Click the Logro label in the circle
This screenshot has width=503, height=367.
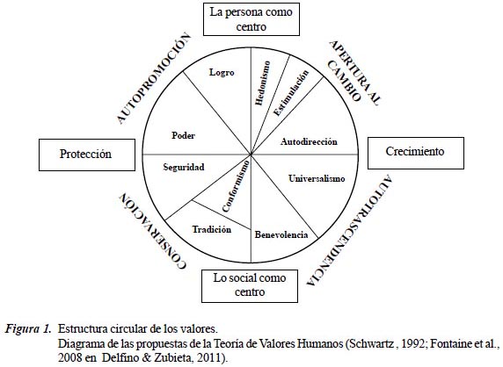coord(222,72)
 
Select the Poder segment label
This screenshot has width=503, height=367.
coord(183,135)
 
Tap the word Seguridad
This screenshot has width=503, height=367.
coord(184,167)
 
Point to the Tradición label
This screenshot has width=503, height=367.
coord(212,229)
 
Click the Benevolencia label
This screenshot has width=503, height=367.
coord(281,234)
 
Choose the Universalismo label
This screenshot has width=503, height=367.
coord(317,178)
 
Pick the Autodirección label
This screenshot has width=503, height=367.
coord(309,141)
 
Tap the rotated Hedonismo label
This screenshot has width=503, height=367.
coord(263,83)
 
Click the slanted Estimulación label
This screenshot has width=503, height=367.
coord(291,92)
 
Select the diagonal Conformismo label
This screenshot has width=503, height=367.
coord(236,186)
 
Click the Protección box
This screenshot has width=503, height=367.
coord(87,155)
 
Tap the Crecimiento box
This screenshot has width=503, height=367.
coord(416,153)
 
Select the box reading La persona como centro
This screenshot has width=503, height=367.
coord(251,19)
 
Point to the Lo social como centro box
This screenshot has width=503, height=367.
coord(250,286)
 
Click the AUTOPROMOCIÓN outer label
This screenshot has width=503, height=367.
coord(153,78)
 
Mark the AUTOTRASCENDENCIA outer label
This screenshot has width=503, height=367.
coord(350,230)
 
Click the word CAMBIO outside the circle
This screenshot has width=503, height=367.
coord(344,81)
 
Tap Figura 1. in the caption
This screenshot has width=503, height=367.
coord(28,329)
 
